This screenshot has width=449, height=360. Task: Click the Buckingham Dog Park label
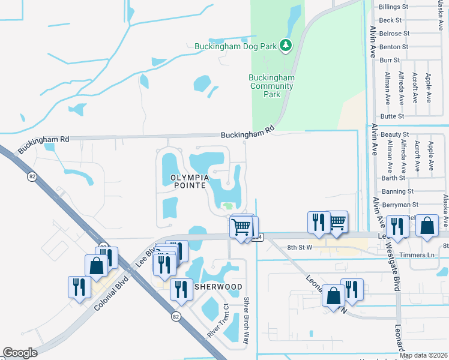click(237, 46)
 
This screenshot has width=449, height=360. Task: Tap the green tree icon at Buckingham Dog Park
click(287, 45)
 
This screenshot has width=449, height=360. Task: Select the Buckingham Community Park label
click(272, 86)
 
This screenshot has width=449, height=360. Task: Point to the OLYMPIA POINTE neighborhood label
click(190, 182)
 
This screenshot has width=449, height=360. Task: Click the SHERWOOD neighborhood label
click(217, 287)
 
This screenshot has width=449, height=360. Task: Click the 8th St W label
click(301, 247)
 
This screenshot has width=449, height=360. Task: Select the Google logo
click(20, 353)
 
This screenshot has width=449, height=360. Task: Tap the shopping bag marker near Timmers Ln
click(427, 226)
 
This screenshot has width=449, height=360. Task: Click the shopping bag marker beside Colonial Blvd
click(96, 266)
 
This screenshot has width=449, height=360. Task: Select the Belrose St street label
click(394, 34)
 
